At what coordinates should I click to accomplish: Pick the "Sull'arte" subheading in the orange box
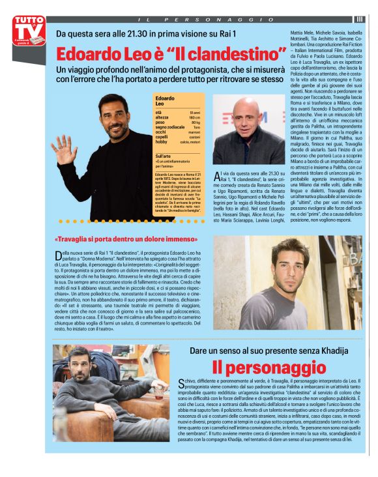[x=164, y=156]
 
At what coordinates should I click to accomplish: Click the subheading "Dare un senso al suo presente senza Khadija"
[x=269, y=351]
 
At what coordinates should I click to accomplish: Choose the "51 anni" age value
[x=195, y=112]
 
